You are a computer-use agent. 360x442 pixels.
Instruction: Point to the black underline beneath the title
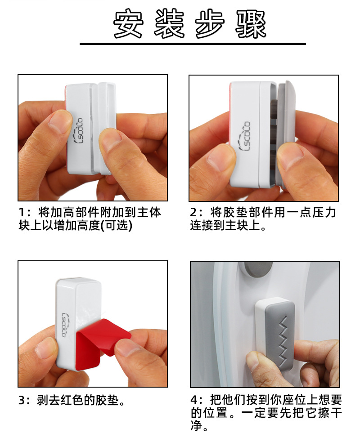[x=193, y=44]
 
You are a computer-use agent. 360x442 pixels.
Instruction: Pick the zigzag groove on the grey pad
[x=283, y=337]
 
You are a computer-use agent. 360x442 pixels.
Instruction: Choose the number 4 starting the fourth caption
[x=194, y=400]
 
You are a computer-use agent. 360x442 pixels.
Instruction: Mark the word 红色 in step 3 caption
[x=77, y=400]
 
